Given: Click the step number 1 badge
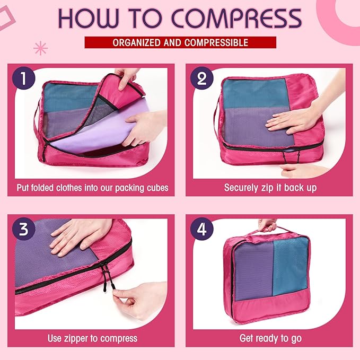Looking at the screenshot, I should pyautogui.click(x=23, y=79).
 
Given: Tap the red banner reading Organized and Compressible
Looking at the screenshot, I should pyautogui.click(x=180, y=42).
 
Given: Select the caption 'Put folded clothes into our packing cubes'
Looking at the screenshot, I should pyautogui.click(x=92, y=188).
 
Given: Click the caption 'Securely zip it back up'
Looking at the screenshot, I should pyautogui.click(x=270, y=188).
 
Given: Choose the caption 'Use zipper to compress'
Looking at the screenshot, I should pyautogui.click(x=92, y=338).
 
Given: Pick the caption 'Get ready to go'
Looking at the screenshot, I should pyautogui.click(x=270, y=338).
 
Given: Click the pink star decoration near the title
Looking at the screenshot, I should pyautogui.click(x=40, y=48).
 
